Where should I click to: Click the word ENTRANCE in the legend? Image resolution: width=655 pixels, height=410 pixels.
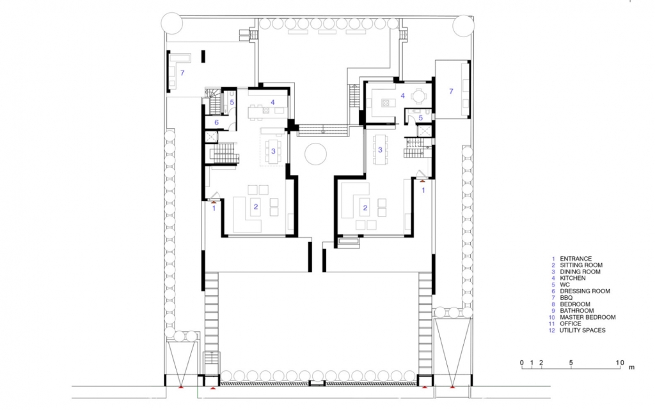576,259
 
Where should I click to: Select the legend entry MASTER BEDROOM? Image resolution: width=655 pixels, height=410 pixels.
587,317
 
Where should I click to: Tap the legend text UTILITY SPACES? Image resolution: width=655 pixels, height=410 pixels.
582,330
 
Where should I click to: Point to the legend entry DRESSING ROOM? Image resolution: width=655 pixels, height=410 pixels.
585,291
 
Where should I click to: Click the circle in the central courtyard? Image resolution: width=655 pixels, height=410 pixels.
315,154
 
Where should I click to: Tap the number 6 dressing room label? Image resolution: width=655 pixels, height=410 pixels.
216,122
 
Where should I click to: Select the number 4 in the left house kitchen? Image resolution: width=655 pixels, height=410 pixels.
272,102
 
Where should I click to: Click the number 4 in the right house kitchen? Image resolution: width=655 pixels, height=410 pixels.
403,96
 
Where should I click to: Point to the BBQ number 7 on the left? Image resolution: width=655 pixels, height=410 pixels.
182,73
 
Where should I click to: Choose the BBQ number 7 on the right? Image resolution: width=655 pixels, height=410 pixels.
451,91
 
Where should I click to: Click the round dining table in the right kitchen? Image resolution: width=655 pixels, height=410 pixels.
417,96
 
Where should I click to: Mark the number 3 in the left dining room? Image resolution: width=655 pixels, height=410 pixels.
273,151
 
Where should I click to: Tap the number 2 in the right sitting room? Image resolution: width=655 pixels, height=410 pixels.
365,208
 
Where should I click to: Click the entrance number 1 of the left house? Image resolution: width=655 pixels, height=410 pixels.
214,208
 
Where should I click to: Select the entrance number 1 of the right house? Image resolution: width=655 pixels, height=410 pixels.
423,190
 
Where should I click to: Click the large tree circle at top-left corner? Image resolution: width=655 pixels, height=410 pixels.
171,23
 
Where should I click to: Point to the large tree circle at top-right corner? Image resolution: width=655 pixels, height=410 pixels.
463,26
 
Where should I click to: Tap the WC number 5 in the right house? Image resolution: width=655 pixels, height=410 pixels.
421,118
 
